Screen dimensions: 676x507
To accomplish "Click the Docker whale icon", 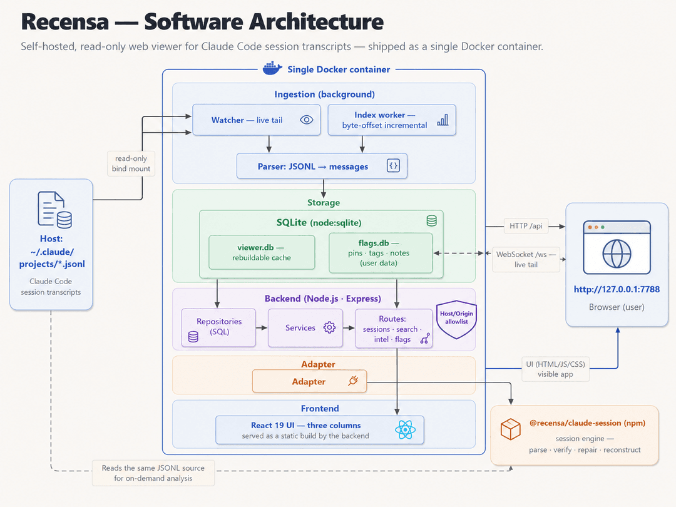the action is [272, 69].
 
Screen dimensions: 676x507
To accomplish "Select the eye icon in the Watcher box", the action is [307, 120].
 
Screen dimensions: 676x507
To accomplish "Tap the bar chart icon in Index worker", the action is [443, 120].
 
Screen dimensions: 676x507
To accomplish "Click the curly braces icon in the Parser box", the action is [393, 165].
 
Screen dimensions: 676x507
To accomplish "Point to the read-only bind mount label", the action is [131, 164].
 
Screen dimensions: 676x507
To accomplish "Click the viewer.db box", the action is [262, 252].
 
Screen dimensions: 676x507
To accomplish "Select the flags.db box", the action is [381, 253].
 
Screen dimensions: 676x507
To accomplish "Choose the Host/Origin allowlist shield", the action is [456, 319].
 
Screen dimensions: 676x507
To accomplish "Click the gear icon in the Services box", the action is [329, 327].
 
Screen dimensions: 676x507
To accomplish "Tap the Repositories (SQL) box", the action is [218, 327].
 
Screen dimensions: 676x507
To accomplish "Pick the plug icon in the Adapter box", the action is [353, 381].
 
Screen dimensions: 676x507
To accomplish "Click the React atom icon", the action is [405, 430].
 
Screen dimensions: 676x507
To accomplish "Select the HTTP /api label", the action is [526, 226].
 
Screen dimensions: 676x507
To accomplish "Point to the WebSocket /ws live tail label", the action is [526, 260].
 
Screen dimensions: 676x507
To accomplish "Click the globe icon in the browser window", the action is [617, 254].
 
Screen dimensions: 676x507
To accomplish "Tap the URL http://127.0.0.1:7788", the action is [617, 289].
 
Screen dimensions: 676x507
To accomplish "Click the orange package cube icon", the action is [511, 429].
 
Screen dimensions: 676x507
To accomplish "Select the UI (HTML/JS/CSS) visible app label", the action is [555, 369].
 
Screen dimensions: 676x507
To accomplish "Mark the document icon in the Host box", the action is [54, 210].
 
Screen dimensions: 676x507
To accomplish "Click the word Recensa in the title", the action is [65, 21].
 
